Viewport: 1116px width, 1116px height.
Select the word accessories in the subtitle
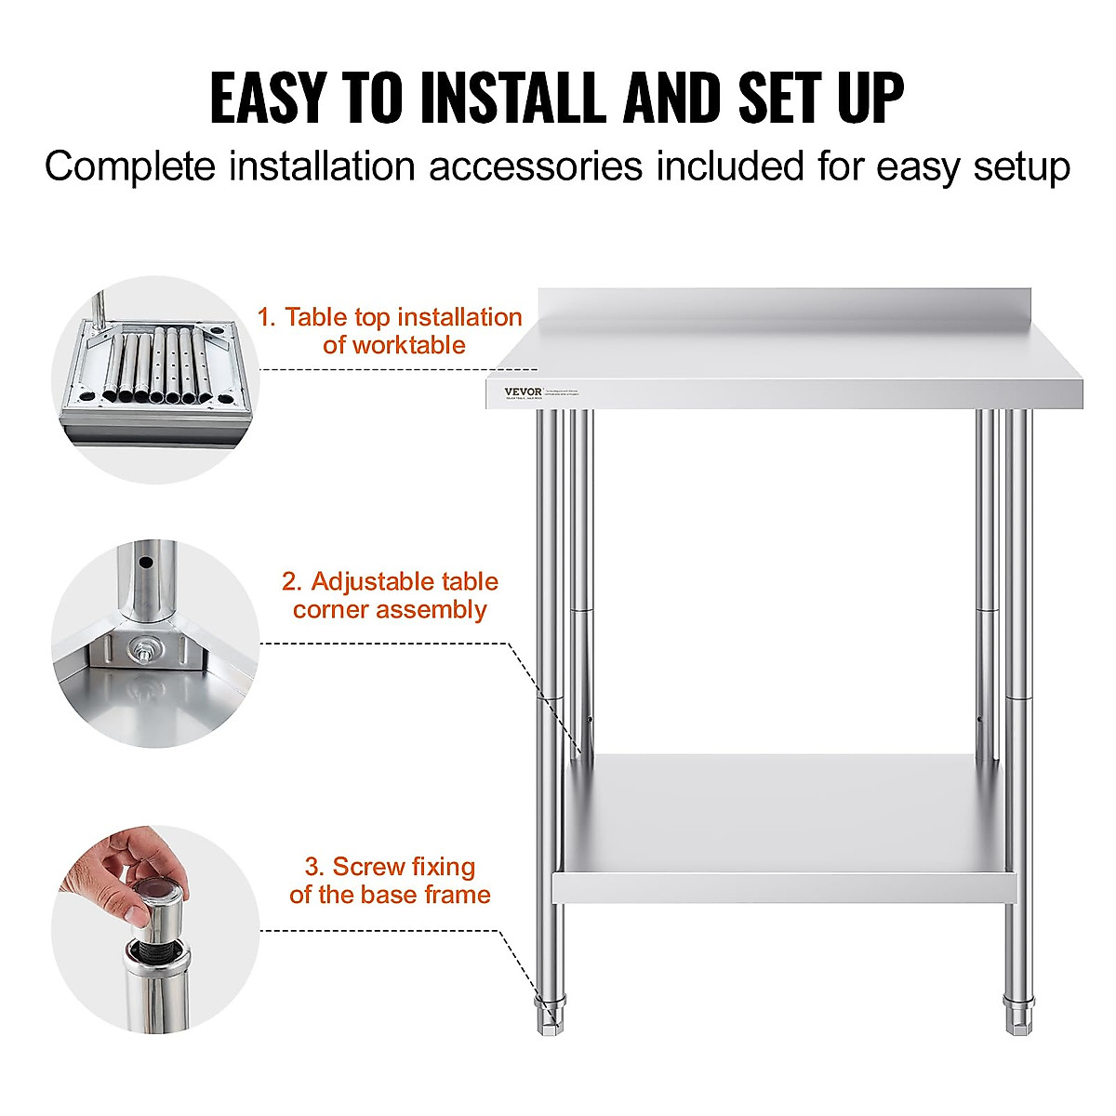(x=535, y=167)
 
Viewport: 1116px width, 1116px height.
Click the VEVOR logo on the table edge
(x=523, y=392)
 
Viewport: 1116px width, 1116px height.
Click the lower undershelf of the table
(x=781, y=818)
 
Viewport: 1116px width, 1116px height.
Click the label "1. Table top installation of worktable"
(x=390, y=331)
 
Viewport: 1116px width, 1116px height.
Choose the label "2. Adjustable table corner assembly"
(x=390, y=595)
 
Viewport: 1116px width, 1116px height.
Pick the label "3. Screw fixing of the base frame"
(x=390, y=881)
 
